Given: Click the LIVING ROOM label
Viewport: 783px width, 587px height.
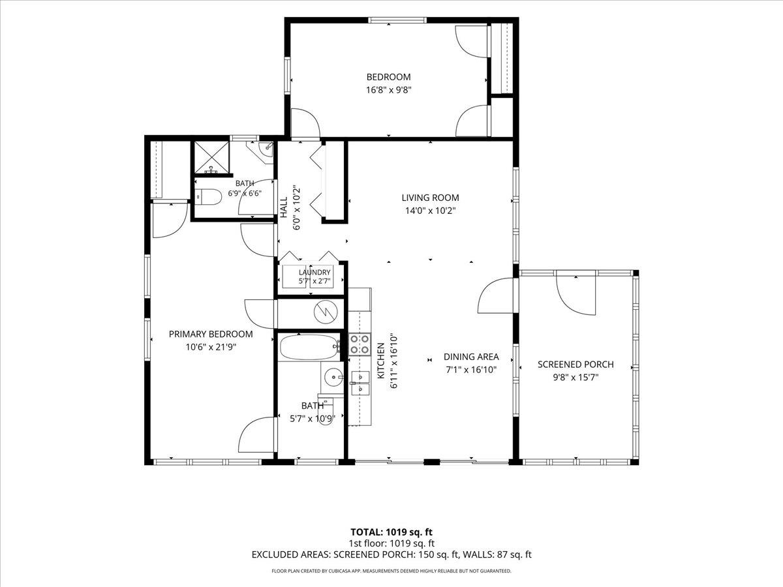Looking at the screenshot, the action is click(x=430, y=198).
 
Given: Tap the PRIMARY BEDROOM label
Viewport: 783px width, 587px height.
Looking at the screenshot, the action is click(x=211, y=335).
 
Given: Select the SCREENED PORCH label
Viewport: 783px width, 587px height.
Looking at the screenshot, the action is click(x=576, y=365).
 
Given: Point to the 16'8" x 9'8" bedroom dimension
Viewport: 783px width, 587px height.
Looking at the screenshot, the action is click(x=389, y=90).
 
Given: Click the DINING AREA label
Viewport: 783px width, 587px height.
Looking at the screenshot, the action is click(x=471, y=357).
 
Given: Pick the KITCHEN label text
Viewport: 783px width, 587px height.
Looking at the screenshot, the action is click(x=381, y=361).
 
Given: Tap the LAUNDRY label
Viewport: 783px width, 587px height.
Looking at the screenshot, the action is click(x=315, y=273).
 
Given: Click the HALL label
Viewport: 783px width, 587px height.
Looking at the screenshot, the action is click(x=284, y=207).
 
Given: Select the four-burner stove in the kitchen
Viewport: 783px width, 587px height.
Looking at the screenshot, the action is click(x=360, y=344).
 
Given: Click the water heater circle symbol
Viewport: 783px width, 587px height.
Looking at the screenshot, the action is click(x=326, y=312).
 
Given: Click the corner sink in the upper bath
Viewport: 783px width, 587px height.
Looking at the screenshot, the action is click(x=266, y=149).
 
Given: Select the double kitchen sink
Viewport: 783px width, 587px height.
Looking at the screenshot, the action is click(x=360, y=383).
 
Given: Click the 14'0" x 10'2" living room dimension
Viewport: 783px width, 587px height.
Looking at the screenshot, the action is click(x=431, y=211).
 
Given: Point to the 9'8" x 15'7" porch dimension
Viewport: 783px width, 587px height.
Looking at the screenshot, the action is click(x=576, y=378).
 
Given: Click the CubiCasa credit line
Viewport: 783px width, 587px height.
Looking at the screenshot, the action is click(x=391, y=571).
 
